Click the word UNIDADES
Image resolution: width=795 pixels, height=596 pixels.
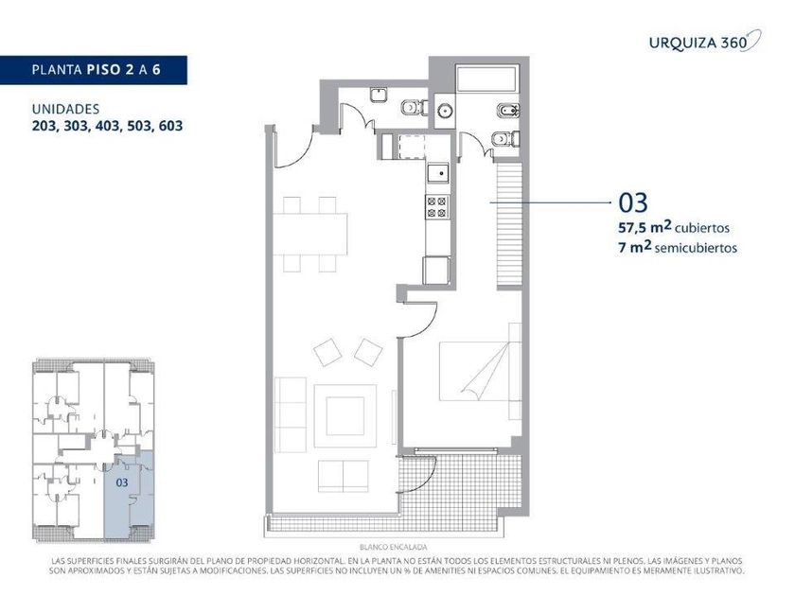pos(65,109)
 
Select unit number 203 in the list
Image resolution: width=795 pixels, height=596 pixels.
pos(44,126)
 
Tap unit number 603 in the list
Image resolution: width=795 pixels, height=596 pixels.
pos(171,126)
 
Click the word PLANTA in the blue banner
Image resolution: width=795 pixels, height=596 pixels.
pos(57,69)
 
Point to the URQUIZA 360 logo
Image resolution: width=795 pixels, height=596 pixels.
pos(705,42)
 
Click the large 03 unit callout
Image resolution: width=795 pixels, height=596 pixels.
pos(633,202)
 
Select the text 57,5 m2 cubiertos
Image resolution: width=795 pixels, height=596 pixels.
pos(673,227)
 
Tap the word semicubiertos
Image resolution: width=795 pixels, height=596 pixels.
pos(696,248)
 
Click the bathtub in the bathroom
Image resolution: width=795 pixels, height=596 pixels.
pos(487,78)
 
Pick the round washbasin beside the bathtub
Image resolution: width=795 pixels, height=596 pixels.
pos(445,110)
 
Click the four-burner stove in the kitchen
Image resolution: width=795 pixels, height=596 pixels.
pos(437,207)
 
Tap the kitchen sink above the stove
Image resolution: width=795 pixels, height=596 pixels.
pos(437,173)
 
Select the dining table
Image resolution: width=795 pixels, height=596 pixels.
pos(309,234)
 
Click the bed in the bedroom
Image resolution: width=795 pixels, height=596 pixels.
pos(480,372)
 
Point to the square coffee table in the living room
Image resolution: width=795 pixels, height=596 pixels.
pos(344,416)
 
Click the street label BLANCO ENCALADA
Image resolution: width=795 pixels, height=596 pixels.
pos(394,548)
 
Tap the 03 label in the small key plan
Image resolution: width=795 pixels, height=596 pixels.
pos(122,482)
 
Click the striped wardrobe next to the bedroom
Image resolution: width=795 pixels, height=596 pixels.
pos(509,224)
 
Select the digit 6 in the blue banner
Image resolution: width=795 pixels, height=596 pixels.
pos(156,69)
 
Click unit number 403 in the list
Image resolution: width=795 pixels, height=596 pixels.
pos(108,126)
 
